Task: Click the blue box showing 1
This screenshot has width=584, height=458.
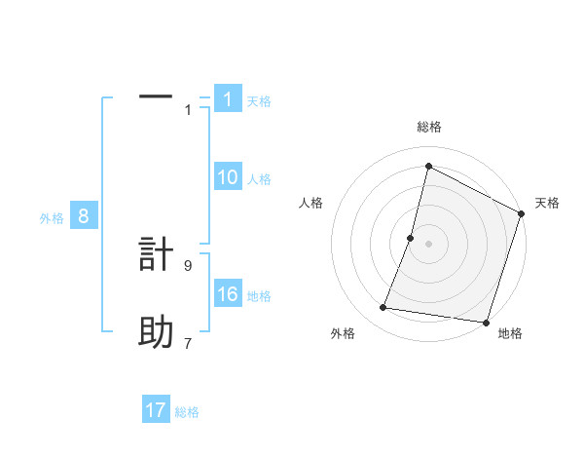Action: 228,99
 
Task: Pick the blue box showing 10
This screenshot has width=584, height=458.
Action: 228,177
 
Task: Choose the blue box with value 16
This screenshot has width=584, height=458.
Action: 228,294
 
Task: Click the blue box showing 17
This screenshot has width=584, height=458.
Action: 156,410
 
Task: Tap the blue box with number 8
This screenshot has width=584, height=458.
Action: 84,216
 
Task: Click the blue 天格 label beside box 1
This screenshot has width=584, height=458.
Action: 259,100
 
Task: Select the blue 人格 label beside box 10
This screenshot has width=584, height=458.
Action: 259,178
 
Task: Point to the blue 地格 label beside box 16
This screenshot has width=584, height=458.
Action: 259,295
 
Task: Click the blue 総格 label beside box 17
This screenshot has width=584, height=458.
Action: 187,411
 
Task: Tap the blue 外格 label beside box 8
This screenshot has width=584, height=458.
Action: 52,218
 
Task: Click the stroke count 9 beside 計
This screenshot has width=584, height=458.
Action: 188,264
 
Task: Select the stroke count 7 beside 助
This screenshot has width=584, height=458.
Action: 188,342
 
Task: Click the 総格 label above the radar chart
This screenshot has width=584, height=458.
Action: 428,127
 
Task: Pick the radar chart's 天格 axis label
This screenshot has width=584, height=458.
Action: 547,203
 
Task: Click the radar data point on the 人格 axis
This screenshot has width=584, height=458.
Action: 411,238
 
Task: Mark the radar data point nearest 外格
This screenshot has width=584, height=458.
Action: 383,308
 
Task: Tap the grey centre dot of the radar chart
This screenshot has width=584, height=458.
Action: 428,244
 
